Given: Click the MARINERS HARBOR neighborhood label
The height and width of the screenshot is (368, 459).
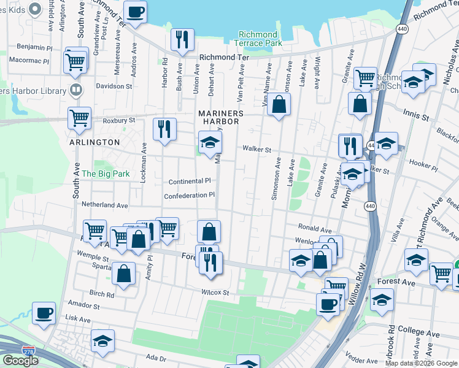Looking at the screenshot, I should [220, 118].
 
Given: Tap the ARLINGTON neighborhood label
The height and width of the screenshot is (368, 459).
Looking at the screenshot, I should [94, 142].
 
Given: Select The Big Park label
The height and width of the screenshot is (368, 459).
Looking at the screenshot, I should [106, 174].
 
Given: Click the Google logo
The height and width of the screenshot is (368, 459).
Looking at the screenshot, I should [20, 361].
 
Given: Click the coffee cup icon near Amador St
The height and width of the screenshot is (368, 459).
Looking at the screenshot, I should [44, 312].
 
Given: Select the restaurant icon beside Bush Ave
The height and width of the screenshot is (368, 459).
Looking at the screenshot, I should [182, 39].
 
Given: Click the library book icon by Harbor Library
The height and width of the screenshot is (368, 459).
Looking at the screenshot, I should [76, 91].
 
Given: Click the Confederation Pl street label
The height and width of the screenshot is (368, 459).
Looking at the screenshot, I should [189, 196].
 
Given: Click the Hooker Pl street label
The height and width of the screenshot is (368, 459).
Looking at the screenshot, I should [423, 164].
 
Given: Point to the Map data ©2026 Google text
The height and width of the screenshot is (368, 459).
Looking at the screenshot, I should [422, 363].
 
